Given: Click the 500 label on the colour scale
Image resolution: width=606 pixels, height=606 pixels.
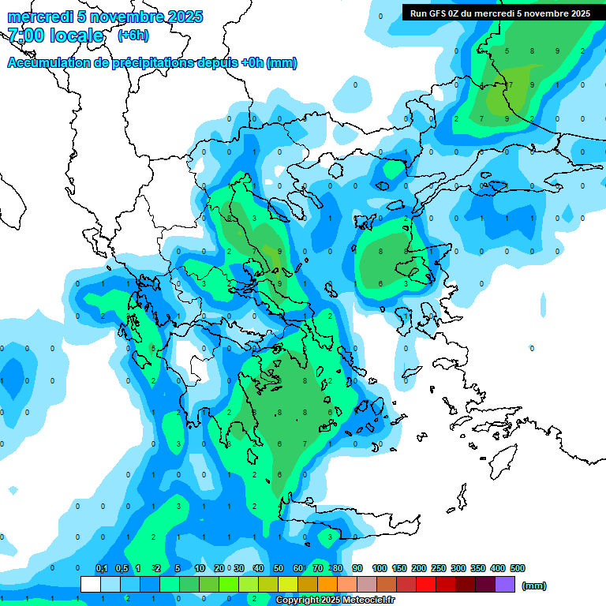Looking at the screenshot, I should point(517,568).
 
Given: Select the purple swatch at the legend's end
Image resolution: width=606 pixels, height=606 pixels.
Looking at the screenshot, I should point(505,584).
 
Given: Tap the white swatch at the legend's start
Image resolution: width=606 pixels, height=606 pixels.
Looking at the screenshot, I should point(91,584).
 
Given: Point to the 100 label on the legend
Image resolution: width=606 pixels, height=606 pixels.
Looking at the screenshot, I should point(379,568).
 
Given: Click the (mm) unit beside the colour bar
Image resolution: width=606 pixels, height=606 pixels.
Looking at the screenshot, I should point(534,585).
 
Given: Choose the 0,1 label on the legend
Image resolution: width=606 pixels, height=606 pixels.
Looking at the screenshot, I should point(102,568).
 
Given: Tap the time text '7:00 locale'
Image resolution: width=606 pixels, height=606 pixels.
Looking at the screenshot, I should point(55,36).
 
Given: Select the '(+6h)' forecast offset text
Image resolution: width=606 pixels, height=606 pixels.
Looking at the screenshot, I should point(133,36).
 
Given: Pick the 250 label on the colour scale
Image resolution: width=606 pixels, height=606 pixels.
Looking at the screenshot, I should point(438,568).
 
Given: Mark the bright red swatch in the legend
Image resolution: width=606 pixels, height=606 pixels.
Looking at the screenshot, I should point(426,584).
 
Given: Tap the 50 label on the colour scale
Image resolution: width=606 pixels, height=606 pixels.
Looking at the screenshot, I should point(278,568).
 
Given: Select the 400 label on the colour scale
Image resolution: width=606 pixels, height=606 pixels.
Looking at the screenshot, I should point(497,568).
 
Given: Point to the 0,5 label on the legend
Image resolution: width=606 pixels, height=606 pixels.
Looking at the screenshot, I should point(122,568).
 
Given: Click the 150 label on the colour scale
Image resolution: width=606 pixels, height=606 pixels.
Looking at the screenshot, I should point(398,568).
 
